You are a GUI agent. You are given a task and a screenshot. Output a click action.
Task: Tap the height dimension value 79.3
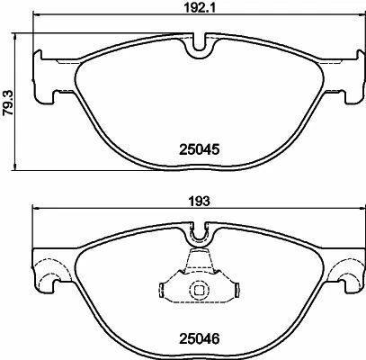point(7,90)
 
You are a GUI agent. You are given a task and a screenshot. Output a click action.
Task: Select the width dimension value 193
point(199,203)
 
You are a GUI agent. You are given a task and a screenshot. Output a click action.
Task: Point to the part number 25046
point(199,340)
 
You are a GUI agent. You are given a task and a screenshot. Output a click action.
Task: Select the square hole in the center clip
point(198,290)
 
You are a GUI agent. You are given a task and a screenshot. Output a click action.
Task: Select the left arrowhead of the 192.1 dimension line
point(37,18)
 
